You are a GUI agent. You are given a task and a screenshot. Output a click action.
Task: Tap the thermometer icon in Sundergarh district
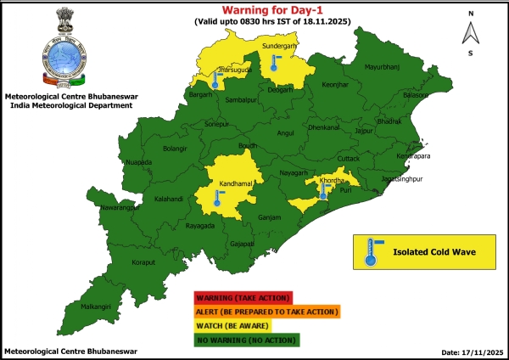(274, 62)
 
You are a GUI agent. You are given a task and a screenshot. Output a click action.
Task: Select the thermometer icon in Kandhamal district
(218, 199)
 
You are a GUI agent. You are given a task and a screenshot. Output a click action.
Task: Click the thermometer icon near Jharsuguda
(216, 82)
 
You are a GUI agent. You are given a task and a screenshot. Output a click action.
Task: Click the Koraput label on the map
(120, 263)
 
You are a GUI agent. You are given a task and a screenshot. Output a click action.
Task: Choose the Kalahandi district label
(145, 200)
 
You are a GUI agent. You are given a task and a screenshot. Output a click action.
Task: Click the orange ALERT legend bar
(266, 312)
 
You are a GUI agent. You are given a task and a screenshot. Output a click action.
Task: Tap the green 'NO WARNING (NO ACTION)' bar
(246, 340)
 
